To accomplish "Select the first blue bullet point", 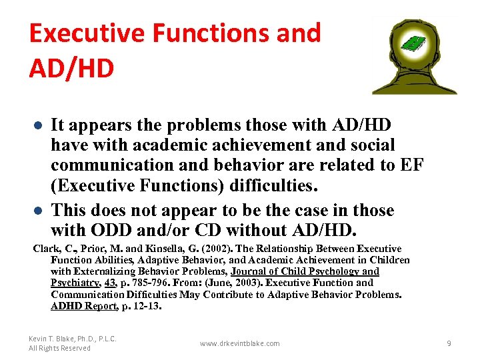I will tap(39, 126).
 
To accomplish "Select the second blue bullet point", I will tap(39, 211).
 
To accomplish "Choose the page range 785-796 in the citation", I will tap(150, 283).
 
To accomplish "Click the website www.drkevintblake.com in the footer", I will tap(240, 343).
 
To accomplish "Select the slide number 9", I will tap(449, 343).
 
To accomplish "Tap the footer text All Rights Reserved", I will tap(59, 348).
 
